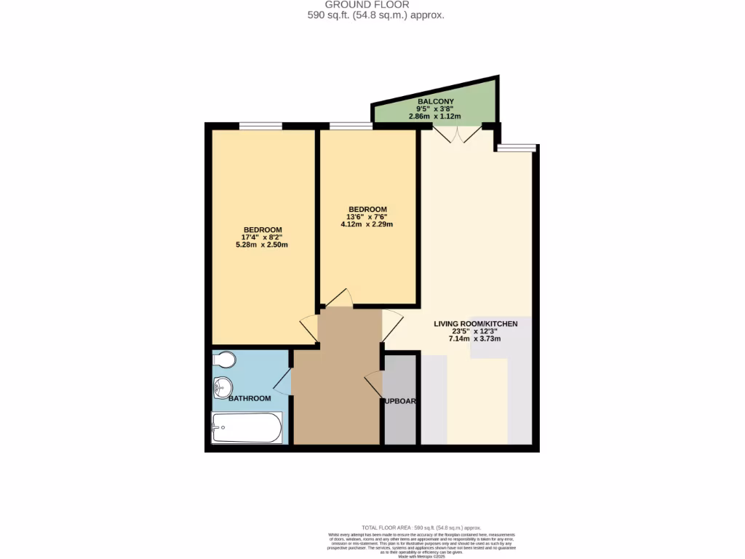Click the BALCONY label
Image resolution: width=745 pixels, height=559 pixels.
click(x=435, y=101)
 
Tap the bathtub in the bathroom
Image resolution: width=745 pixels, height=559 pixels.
click(x=246, y=428)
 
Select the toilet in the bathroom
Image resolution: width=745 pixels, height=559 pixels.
click(x=225, y=360)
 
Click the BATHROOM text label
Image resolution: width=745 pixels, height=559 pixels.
click(x=250, y=398)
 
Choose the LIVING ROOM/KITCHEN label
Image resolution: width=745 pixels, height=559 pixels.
click(x=475, y=323)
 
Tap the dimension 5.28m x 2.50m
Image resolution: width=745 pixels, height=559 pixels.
click(x=262, y=245)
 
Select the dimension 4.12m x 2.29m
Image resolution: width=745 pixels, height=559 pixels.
click(x=367, y=224)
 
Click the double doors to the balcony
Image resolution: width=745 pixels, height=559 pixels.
click(x=456, y=132)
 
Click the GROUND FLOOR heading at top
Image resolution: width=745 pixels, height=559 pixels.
click(x=377, y=4)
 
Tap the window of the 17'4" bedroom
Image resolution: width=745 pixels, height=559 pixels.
click(x=260, y=126)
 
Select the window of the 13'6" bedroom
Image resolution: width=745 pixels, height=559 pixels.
click(x=351, y=126)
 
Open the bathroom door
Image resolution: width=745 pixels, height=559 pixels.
click(x=282, y=381)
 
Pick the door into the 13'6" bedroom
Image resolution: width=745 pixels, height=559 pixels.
click(x=337, y=298)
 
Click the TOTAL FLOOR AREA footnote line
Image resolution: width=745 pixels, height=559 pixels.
click(x=421, y=527)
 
